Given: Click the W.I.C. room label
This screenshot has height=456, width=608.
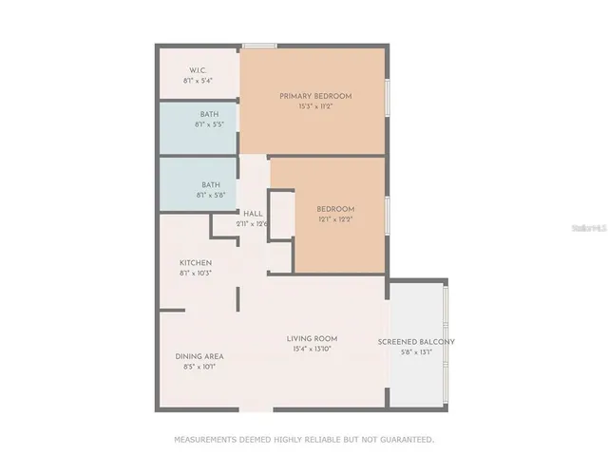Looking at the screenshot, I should (199, 70).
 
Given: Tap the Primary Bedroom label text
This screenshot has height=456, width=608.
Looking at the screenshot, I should (315, 96).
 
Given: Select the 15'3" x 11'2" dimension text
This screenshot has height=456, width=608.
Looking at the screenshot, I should (315, 106).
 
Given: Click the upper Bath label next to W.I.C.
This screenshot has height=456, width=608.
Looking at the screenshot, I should (209, 114).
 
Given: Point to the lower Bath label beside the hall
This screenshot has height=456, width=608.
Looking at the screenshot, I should (211, 184).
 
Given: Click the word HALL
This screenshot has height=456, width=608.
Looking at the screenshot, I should (253, 213).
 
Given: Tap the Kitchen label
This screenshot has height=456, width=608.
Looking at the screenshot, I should (196, 262).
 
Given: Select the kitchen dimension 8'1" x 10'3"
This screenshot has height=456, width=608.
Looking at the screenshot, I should (196, 273).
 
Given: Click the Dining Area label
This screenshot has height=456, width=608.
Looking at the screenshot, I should (199, 356).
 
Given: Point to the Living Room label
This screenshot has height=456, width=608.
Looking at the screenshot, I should (313, 338).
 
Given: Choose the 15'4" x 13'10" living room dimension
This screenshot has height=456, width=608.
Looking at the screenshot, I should (313, 349).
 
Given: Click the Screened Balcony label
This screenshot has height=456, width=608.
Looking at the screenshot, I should (416, 342).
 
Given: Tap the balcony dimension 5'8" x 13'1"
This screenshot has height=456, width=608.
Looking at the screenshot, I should (416, 352).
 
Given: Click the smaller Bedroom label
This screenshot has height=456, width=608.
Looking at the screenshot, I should (335, 209).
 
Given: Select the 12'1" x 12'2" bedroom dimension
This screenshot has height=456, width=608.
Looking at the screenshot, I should (335, 219).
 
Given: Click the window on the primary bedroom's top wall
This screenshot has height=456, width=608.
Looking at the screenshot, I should (259, 46).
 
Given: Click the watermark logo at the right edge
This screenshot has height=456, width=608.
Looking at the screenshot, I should (593, 229).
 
